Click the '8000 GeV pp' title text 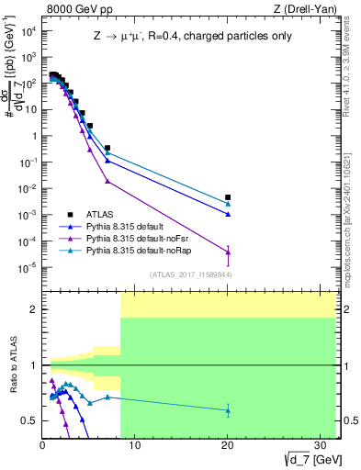click(75, 10)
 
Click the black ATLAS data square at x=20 click(228, 197)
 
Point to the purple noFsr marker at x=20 click(228, 252)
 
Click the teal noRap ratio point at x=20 click(228, 410)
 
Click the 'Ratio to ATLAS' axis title click(12, 364)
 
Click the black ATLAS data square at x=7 click(107, 148)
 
